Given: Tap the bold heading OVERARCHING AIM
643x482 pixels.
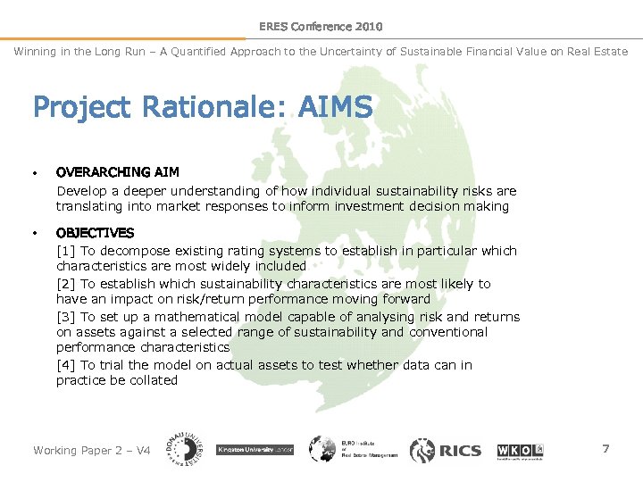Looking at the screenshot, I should point(117,172).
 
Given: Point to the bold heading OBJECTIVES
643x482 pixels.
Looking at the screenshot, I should point(95,233).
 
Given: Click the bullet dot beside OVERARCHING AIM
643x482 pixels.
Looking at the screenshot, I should point(34,172).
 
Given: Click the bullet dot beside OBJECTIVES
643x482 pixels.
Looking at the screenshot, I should point(34,233).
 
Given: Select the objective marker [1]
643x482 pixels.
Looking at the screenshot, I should point(66,251).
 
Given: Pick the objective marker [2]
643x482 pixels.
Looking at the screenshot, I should point(66,284).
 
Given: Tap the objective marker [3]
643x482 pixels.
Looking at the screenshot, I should point(66,317).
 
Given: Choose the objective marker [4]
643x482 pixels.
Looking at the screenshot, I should point(66,365).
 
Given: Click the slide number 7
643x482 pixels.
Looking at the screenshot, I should point(605,448).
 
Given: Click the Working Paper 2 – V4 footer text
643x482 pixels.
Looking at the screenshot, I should point(91,451).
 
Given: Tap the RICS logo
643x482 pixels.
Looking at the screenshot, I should point(446,450).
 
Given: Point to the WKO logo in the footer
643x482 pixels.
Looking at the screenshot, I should point(520,450).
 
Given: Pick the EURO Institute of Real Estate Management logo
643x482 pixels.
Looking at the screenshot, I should point(354,450).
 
